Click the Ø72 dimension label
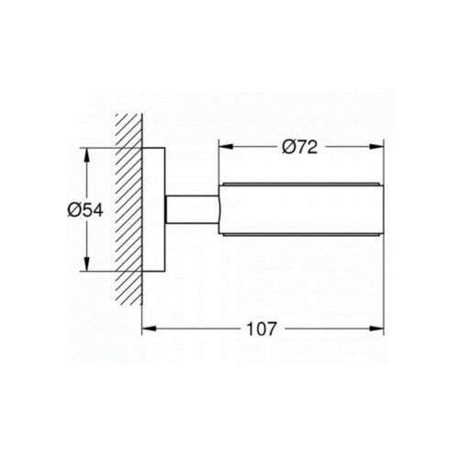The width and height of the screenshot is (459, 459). tap(299, 147)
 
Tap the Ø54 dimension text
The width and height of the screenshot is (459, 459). tap(85, 210)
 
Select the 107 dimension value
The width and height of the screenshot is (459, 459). tap(262, 329)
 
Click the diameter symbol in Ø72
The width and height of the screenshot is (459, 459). tap(288, 147)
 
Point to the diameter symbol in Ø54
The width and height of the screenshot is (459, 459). tap(74, 210)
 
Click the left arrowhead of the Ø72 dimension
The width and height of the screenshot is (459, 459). tap(226, 147)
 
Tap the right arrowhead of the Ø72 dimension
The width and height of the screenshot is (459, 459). tap(376, 147)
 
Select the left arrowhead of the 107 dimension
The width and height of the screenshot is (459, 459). tap(150, 329)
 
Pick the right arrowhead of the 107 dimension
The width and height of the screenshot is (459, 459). tap(376, 329)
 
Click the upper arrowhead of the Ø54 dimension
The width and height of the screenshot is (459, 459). tap(87, 155)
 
